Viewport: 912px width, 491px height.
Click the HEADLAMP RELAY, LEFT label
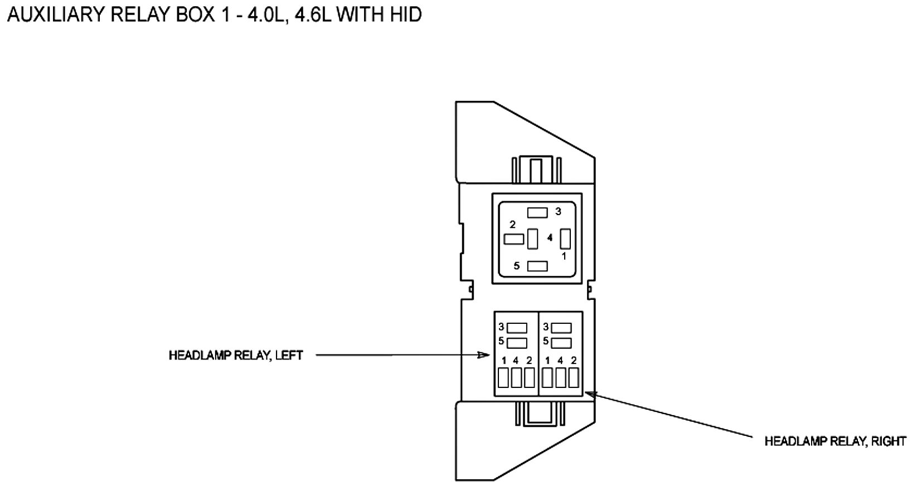tap(236, 356)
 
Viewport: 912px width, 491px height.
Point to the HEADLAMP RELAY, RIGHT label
tap(835, 441)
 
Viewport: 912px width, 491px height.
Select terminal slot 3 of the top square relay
tap(537, 212)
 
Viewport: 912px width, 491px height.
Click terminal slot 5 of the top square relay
tap(537, 266)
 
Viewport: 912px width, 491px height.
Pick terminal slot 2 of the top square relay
tap(514, 239)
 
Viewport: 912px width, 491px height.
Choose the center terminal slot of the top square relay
tap(533, 239)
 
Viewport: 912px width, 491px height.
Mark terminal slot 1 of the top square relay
tap(565, 239)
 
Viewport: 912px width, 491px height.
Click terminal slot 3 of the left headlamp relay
tap(517, 328)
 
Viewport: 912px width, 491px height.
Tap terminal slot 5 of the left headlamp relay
tap(517, 342)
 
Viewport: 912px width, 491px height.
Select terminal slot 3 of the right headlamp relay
tap(561, 328)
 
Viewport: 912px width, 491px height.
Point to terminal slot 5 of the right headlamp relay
tap(561, 342)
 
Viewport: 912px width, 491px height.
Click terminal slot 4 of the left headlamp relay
tap(517, 378)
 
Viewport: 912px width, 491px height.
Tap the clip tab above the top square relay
tap(536, 169)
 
